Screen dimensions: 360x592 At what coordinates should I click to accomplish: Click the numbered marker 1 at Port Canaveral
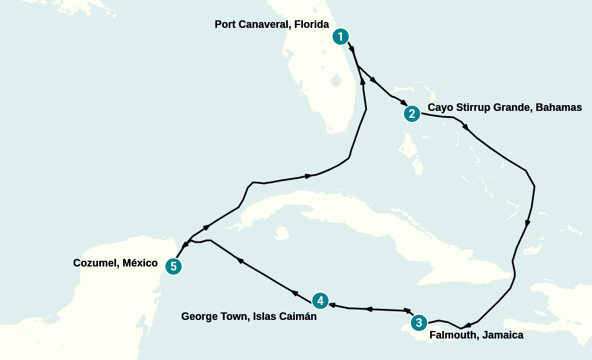(x=341, y=37)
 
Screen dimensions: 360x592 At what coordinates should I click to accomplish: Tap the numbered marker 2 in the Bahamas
(x=412, y=114)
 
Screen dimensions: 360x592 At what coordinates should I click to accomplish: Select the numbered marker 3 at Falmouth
(x=418, y=322)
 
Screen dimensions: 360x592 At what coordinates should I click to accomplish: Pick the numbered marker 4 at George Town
(x=320, y=301)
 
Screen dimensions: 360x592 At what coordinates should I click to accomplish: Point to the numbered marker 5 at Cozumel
(x=174, y=267)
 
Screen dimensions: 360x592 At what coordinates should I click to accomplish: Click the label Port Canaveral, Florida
(x=272, y=24)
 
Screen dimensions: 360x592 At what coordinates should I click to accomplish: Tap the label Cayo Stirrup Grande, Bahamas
(x=504, y=108)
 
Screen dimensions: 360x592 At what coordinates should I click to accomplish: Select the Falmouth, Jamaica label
(x=476, y=335)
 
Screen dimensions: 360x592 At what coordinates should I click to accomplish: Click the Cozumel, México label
(x=115, y=263)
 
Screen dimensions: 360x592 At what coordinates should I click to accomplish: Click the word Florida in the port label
(x=312, y=24)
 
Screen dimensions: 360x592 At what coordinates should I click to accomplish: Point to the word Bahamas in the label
(x=558, y=108)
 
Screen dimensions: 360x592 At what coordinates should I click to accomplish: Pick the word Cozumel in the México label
(x=95, y=263)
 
